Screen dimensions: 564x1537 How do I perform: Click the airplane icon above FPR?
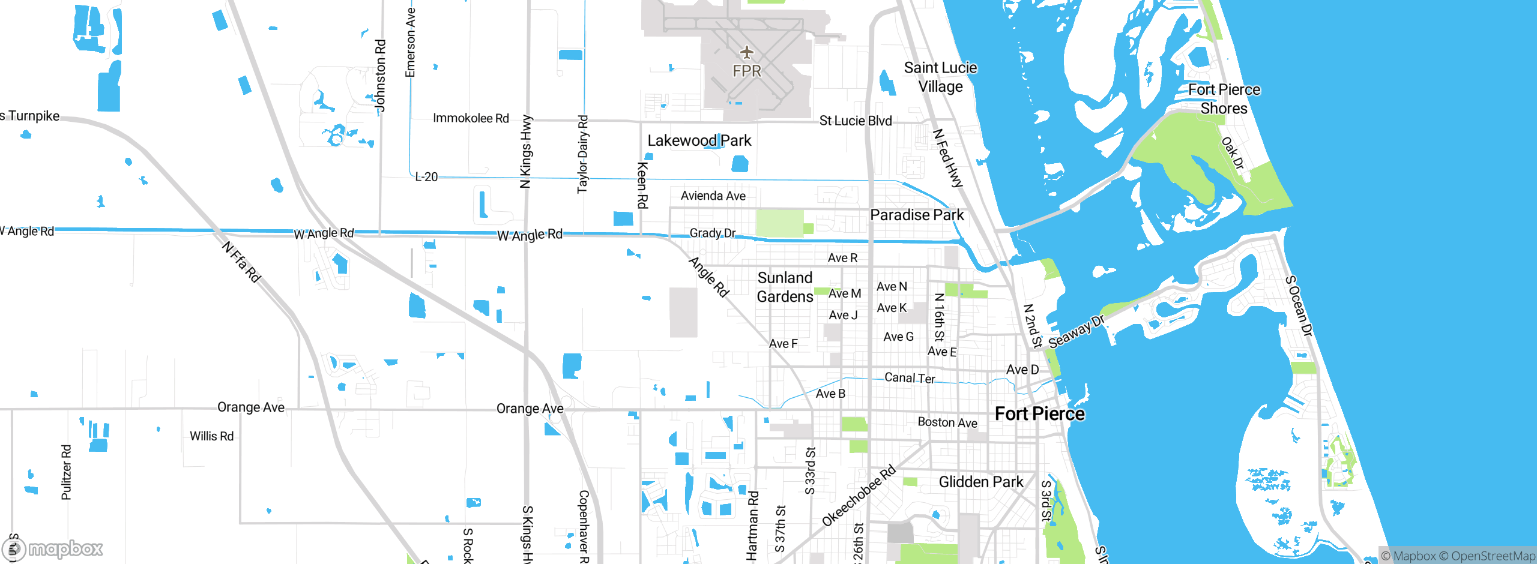(x=746, y=53)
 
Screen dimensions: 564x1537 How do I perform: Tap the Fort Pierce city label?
(x=1039, y=414)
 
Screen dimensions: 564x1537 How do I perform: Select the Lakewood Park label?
(x=699, y=141)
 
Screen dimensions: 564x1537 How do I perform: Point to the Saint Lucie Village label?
(x=940, y=77)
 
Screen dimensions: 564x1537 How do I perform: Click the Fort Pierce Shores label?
(x=1224, y=99)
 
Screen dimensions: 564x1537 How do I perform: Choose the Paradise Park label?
(x=917, y=215)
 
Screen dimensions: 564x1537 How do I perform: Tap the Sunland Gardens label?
(x=785, y=287)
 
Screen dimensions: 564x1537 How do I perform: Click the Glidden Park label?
(x=980, y=482)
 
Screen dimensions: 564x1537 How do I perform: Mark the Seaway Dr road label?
(x=1077, y=332)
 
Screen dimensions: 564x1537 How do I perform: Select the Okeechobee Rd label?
(x=859, y=496)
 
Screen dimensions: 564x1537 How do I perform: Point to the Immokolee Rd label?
(x=471, y=118)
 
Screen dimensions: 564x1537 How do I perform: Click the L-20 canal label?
(x=426, y=177)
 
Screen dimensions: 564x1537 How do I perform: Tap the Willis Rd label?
(x=211, y=437)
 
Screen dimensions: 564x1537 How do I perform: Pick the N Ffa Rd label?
(x=241, y=262)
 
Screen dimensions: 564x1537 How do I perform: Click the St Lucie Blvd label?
(x=856, y=121)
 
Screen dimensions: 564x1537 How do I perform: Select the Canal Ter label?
(x=910, y=378)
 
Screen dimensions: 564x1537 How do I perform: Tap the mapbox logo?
(x=53, y=548)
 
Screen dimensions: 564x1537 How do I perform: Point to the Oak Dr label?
(x=1233, y=153)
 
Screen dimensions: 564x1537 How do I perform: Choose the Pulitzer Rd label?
(x=66, y=472)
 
